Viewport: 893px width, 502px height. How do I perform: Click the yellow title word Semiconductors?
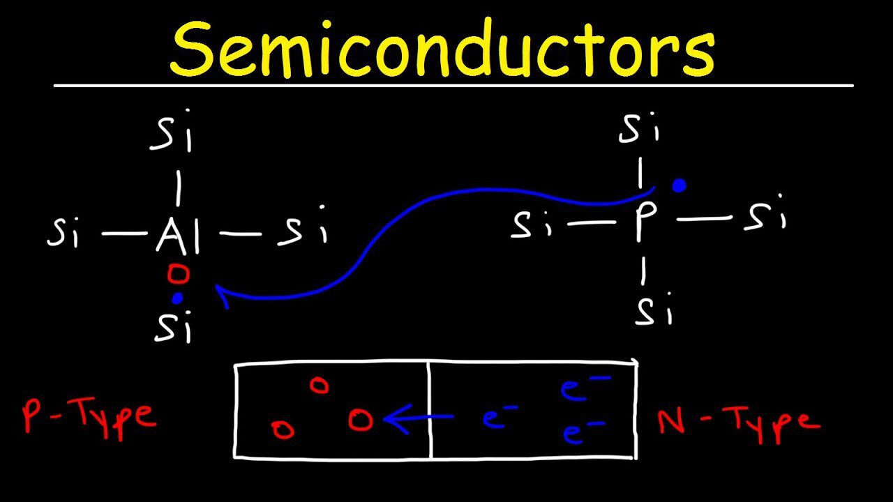pyautogui.click(x=442, y=48)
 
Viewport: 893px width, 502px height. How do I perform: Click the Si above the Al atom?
pyautogui.click(x=172, y=137)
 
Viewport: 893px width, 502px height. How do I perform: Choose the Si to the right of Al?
pyautogui.click(x=302, y=231)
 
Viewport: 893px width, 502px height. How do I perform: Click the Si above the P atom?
pyautogui.click(x=640, y=128)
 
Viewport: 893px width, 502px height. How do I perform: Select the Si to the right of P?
pyautogui.click(x=765, y=217)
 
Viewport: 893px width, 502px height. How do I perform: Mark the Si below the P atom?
pyautogui.click(x=654, y=311)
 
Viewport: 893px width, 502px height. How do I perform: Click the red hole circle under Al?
pyautogui.click(x=179, y=275)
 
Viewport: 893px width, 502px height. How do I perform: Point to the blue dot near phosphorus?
pyautogui.click(x=678, y=185)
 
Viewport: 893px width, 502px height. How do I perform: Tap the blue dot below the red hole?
pyautogui.click(x=178, y=298)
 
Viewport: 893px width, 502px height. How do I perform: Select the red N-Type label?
pyautogui.click(x=738, y=420)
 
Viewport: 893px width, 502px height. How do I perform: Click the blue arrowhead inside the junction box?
pyautogui.click(x=391, y=420)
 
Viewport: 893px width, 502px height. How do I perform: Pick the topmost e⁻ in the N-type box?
pyautogui.click(x=585, y=389)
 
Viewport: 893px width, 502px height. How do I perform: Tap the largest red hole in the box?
pyautogui.click(x=361, y=420)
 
